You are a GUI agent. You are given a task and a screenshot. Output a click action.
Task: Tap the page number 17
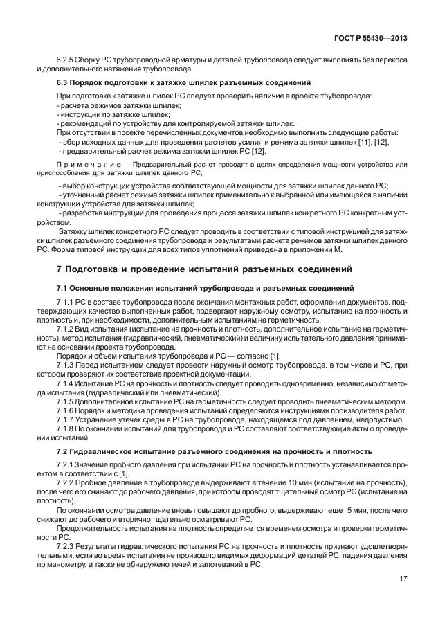pyautogui.click(x=403, y=578)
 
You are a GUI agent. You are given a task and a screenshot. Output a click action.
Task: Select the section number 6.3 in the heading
pyautogui.click(x=62, y=83)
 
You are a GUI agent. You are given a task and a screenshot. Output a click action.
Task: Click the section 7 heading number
pyautogui.click(x=59, y=268)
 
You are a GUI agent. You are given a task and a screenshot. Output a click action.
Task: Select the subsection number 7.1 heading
pyautogui.click(x=62, y=287)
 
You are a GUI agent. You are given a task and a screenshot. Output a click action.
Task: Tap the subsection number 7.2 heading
pyautogui.click(x=62, y=451)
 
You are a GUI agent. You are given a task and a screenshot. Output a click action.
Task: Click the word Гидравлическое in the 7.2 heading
pyautogui.click(x=101, y=451)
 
